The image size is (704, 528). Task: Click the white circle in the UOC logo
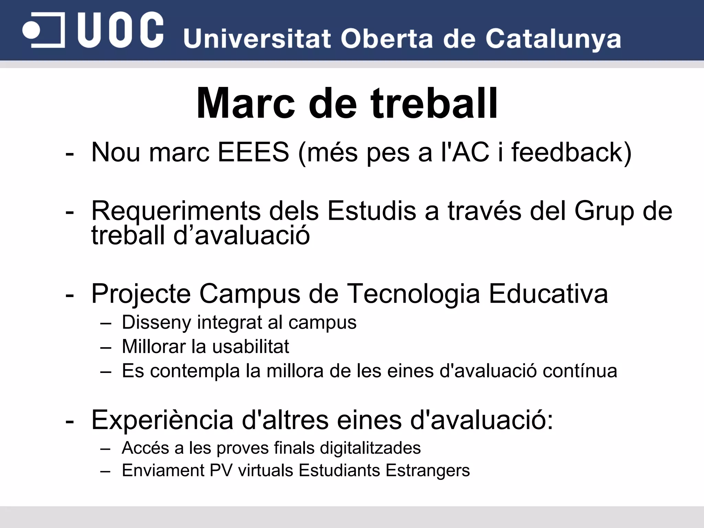31,30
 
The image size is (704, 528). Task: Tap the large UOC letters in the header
120,30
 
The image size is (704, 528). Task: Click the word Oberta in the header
386,38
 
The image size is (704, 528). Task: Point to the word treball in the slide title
434,103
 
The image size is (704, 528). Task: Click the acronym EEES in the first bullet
253,152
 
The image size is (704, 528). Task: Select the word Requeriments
176,211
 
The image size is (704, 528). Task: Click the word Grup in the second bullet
604,211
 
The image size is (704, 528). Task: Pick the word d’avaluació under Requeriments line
241,235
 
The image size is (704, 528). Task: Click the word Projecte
141,294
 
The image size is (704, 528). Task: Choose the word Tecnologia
413,294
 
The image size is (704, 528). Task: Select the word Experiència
162,420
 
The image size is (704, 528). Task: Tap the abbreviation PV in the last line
221,470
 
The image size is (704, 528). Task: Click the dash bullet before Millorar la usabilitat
106,348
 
